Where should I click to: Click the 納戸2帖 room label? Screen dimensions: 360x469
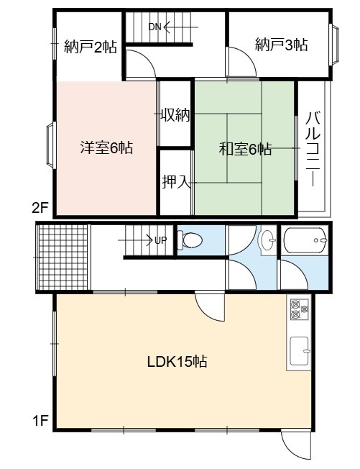[x=91, y=47]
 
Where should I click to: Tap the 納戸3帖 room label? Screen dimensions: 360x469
[x=281, y=45]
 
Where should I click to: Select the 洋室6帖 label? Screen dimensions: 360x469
[x=106, y=147]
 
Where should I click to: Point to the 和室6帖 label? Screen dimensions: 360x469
[x=245, y=149]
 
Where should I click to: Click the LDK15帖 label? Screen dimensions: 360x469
[x=177, y=362]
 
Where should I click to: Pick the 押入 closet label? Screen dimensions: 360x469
[x=176, y=181]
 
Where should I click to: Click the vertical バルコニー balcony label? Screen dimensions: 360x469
[x=313, y=149]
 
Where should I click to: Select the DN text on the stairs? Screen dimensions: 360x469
[x=154, y=27]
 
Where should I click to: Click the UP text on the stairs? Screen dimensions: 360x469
[x=160, y=240]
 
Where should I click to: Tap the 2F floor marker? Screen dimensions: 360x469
[x=40, y=208]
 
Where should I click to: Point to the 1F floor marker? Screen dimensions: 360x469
[x=40, y=421]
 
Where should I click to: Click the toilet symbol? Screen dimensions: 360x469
[x=190, y=240]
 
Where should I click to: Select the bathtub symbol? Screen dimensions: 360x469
[x=305, y=240]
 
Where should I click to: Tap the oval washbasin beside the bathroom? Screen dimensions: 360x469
[x=268, y=240]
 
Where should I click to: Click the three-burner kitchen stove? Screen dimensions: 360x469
[x=299, y=309]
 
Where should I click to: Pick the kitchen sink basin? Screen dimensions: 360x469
[x=300, y=351]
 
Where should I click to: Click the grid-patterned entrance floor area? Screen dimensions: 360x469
[x=63, y=258]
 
